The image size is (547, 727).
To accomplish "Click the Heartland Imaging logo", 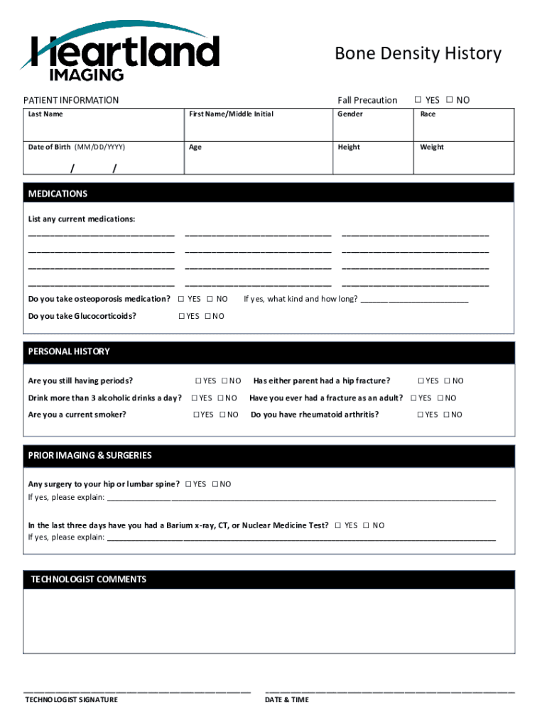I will pyautogui.click(x=121, y=51).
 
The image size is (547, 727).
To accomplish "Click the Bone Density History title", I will pyautogui.click(x=418, y=54).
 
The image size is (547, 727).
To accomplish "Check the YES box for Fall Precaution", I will pyautogui.click(x=418, y=100).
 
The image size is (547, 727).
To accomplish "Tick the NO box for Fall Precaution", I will pyautogui.click(x=450, y=100).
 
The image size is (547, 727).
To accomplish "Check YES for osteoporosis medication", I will pyautogui.click(x=181, y=299).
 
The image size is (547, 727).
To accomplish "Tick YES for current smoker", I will pyautogui.click(x=196, y=415).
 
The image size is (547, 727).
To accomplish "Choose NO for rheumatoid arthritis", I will pyautogui.click(x=446, y=415).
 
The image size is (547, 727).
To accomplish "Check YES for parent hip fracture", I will pyautogui.click(x=421, y=381).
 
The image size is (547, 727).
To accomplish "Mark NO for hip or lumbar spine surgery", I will pyautogui.click(x=214, y=484).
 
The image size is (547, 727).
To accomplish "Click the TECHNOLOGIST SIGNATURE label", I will pyautogui.click(x=72, y=700).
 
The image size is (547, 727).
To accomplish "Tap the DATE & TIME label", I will pyautogui.click(x=287, y=700).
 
